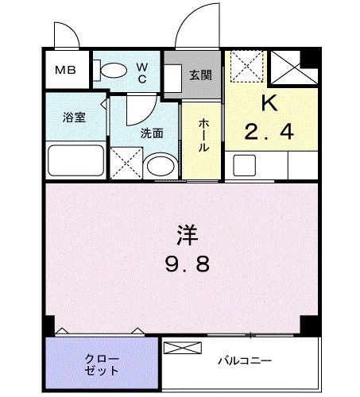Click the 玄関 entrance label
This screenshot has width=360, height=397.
pyautogui.click(x=199, y=75)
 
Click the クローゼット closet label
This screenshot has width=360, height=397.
pyautogui.click(x=101, y=364)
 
